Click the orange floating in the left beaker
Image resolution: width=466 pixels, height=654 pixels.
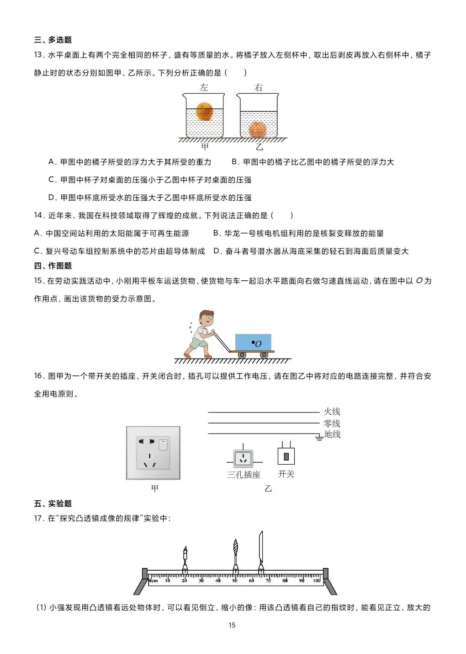point(204,111)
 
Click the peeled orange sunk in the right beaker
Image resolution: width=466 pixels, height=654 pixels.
point(258,129)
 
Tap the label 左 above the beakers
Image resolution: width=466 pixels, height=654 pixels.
point(204,87)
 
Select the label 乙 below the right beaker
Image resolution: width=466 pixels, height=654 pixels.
point(259,147)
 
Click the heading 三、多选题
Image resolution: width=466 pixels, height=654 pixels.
point(53,40)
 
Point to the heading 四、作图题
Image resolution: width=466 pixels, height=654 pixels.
point(53,266)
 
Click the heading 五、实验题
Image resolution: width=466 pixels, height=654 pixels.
point(53,504)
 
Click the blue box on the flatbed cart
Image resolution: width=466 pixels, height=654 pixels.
point(253,342)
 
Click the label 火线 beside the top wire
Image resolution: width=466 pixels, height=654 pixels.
point(332,412)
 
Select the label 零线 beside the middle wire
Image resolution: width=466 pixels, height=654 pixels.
point(332,423)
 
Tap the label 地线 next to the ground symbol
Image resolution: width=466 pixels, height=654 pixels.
point(332,434)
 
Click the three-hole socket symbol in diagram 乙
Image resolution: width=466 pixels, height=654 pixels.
point(243,458)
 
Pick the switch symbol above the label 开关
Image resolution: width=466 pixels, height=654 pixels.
point(286,456)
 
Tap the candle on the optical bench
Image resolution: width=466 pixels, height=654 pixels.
point(185,557)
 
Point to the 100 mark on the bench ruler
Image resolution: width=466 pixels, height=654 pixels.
point(317,581)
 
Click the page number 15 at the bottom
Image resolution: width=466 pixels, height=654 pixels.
point(232,625)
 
